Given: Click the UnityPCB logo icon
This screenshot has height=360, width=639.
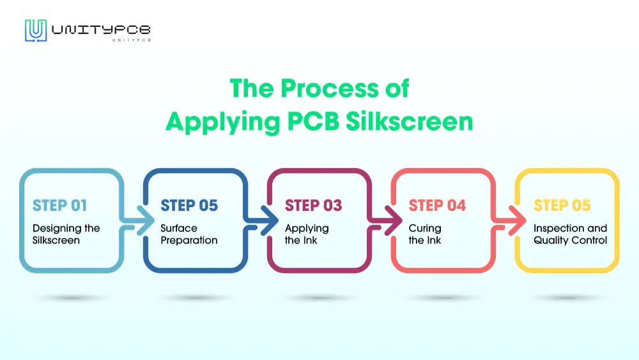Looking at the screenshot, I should click(x=36, y=31).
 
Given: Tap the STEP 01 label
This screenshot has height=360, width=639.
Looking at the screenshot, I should click(x=59, y=205).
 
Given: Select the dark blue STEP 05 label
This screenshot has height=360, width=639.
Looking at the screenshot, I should click(x=189, y=205).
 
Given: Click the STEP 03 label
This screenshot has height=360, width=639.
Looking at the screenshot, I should click(x=313, y=205).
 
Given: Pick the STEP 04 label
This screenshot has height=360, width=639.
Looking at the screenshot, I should click(x=437, y=205).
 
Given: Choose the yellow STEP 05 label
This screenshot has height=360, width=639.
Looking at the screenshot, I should click(x=562, y=205).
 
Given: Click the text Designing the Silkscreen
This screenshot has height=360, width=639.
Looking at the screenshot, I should click(x=66, y=234).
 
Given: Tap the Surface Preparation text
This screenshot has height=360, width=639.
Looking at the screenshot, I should click(x=189, y=234).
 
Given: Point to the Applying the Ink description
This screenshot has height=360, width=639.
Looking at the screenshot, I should click(x=307, y=234).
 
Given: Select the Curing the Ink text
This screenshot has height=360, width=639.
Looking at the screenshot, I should click(x=425, y=234).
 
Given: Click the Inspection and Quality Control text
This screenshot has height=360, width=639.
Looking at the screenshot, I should click(x=570, y=234).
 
